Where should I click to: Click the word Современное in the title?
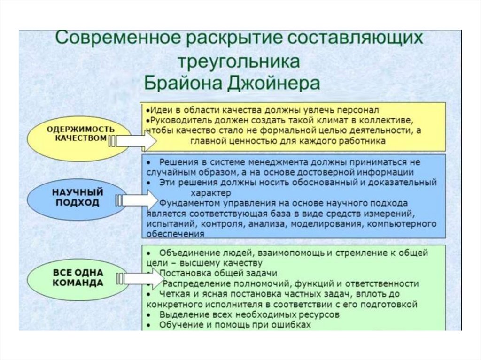(119, 38)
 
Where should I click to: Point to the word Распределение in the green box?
(193, 284)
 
